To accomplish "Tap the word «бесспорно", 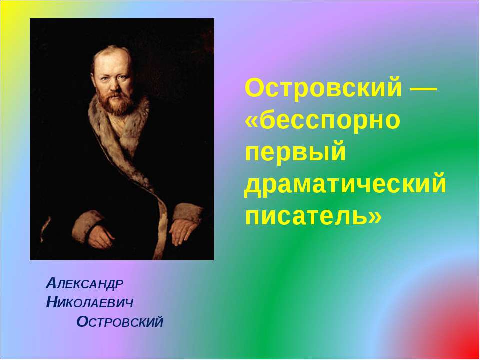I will click(x=323, y=121).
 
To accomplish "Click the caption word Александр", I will click(x=84, y=284).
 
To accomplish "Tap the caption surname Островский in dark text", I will click(x=120, y=322).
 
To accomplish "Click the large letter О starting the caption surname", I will click(x=83, y=322).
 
